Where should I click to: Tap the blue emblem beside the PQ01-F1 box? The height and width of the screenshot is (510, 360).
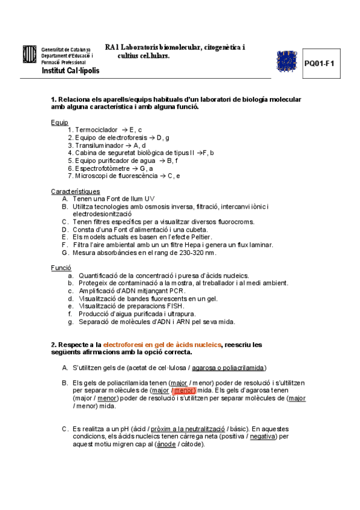tap(286, 61)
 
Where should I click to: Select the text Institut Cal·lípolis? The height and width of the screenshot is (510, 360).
tap(70, 70)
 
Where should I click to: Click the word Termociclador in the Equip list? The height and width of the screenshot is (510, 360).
tap(96, 130)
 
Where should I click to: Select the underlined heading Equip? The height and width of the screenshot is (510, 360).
tap(59, 122)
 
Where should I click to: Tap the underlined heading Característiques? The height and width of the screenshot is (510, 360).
tap(75, 191)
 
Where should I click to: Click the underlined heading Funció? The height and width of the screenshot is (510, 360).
tap(62, 268)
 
